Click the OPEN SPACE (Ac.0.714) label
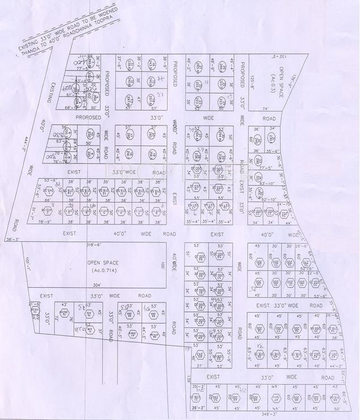[101, 267]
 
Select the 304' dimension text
[97, 285]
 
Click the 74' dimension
[264, 108]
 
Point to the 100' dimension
[162, 266]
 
